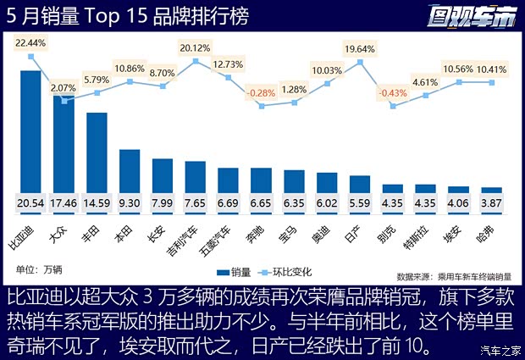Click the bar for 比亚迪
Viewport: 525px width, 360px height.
tap(30, 136)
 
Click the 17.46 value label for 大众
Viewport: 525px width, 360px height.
tap(64, 204)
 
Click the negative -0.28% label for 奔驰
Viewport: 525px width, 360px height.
tap(261, 91)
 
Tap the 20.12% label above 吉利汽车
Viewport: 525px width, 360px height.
tap(196, 47)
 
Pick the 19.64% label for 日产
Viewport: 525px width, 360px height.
tap(360, 47)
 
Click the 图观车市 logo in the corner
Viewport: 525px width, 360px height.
tap(468, 15)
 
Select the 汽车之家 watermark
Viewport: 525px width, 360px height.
tap(499, 350)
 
